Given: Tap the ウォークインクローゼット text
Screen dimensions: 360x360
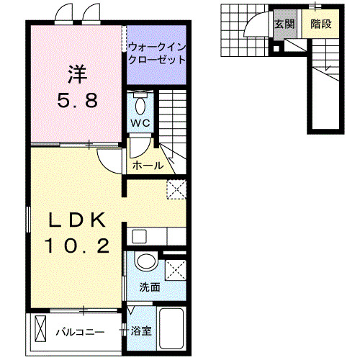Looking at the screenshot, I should point(156,55).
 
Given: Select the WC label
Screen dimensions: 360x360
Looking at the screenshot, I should point(140,122).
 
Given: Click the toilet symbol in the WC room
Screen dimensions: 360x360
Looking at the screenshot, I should point(140,102).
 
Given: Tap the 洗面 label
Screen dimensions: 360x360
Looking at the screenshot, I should point(150,286).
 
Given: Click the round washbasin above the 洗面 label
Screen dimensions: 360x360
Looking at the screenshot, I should point(146,263).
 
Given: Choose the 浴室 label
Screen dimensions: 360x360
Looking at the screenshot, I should point(141,332).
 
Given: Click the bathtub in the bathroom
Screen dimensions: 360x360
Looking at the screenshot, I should point(171,328).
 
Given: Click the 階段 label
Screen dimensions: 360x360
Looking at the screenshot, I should point(320,24).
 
